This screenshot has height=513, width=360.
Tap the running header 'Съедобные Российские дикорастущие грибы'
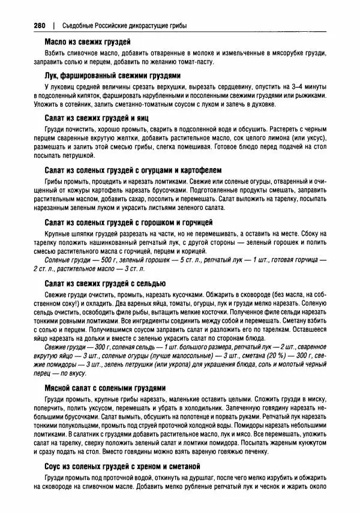[x=125, y=26]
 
